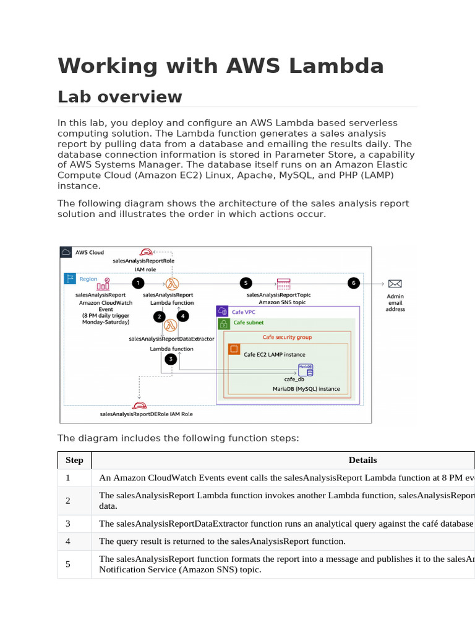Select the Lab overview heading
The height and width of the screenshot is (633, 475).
119,97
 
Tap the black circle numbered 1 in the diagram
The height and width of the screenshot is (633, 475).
138,283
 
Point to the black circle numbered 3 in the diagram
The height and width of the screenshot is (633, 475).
171,359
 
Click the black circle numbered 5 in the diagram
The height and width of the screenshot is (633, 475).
246,283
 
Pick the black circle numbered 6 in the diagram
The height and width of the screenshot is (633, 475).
353,283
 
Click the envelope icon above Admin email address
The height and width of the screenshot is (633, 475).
395,284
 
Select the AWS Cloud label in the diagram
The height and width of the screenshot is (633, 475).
90,252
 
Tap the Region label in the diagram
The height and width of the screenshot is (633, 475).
88,279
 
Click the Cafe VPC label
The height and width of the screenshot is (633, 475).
244,312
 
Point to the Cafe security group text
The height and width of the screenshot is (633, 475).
287,338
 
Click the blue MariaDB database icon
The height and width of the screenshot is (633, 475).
306,369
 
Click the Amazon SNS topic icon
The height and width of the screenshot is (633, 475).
284,283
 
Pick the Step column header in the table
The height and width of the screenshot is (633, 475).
74,460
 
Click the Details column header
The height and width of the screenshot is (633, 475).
362,460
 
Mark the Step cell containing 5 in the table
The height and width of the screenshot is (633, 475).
69,564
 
